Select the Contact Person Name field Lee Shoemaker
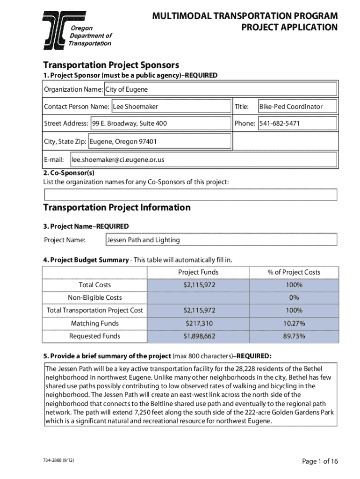[x=171, y=106]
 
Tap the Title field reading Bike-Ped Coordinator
[x=297, y=106]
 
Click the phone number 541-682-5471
[x=297, y=123]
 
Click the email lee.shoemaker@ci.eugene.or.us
[x=203, y=160]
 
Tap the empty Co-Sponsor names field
[x=190, y=195]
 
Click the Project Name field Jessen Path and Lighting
[x=221, y=240]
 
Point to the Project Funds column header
[x=198, y=272]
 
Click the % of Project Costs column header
[x=294, y=272]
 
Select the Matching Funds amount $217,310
[x=198, y=323]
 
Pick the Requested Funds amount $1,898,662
[x=198, y=336]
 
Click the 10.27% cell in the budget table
[x=294, y=323]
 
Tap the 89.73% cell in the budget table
[x=294, y=336]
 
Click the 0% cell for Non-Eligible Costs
[x=294, y=298]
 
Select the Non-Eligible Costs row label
[x=95, y=298]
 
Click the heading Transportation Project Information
[x=117, y=207]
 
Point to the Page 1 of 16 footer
[x=320, y=462]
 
